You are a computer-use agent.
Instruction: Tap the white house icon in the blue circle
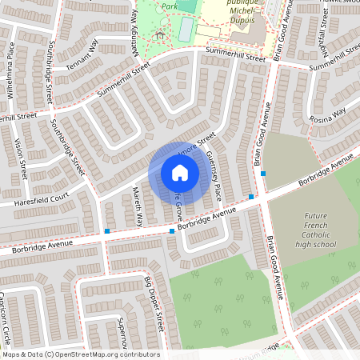point(180,173)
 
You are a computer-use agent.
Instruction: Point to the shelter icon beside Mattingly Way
point(160,34)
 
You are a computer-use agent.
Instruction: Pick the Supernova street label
point(121,332)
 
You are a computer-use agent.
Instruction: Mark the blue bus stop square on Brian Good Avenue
point(262,173)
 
